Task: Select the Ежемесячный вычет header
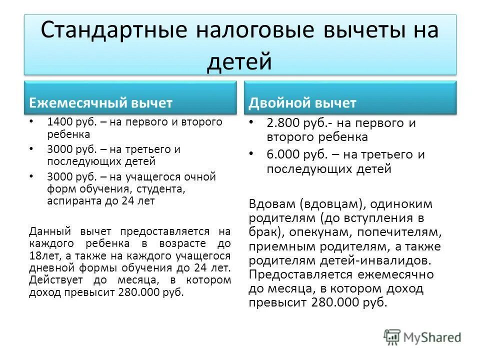tap(101, 103)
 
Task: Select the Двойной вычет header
tap(302, 103)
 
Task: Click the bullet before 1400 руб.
tap(31, 121)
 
